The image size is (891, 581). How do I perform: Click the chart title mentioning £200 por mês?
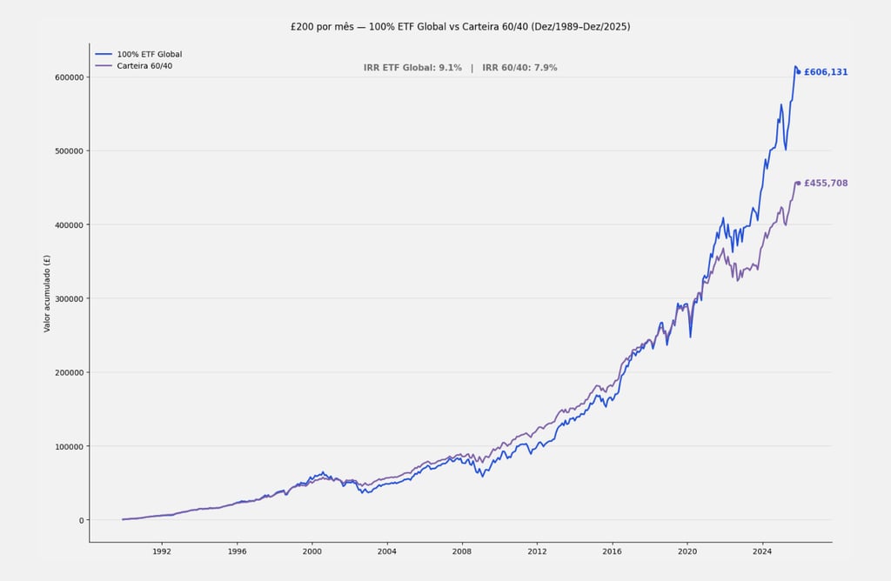point(460,27)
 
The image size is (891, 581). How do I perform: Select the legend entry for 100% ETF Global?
point(149,54)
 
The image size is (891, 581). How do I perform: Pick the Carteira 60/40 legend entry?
point(144,66)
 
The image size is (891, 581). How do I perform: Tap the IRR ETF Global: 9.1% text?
point(412,68)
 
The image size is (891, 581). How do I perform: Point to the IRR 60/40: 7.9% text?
point(519,68)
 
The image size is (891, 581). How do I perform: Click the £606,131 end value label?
point(826,72)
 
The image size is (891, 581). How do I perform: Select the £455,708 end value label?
point(826,184)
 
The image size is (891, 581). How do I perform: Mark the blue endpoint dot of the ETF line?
point(799,72)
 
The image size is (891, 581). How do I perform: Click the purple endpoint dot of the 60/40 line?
point(799,184)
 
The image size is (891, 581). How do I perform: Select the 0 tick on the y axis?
point(80,521)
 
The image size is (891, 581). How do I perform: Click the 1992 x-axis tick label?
point(161,551)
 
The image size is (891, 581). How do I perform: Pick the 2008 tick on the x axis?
point(462,551)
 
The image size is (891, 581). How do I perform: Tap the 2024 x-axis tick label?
point(762,551)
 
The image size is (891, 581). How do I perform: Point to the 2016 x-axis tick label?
point(613,551)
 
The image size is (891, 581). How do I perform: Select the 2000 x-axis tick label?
point(312,551)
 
